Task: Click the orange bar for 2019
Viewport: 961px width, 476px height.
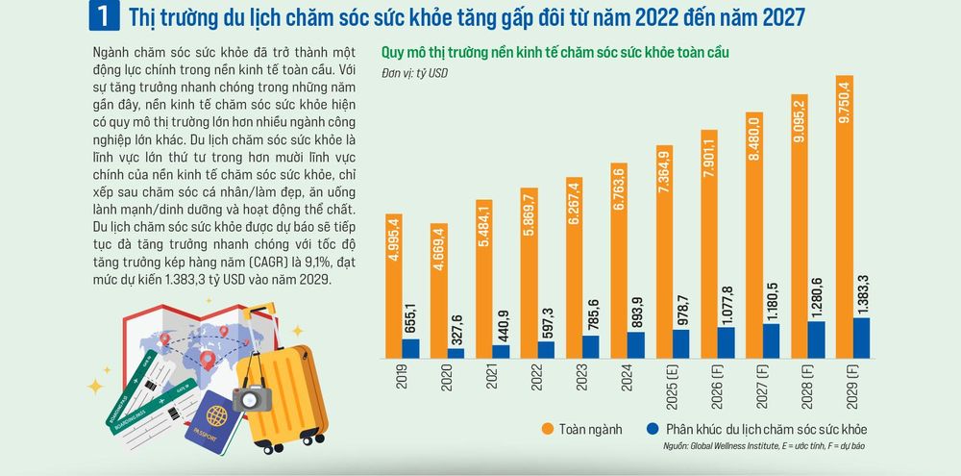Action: [x=393, y=286]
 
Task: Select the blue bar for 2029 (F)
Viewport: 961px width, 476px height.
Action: [x=861, y=338]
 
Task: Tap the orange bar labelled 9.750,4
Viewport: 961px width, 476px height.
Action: [x=844, y=217]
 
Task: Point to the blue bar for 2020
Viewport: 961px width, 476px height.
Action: [x=456, y=353]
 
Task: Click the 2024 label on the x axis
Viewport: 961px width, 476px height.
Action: [x=626, y=378]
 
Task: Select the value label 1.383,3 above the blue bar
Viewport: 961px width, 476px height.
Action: [x=861, y=294]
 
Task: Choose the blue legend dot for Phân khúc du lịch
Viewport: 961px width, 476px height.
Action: [x=653, y=429]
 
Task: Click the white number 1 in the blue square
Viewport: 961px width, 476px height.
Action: [x=104, y=16]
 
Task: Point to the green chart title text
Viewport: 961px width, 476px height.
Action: [x=555, y=53]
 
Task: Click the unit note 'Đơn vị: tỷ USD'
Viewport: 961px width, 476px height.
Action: [x=414, y=73]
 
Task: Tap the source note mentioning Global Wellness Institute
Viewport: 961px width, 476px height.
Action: [x=764, y=446]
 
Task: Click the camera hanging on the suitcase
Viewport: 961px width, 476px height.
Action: [x=252, y=398]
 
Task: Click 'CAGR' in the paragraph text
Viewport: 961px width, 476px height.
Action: [x=251, y=262]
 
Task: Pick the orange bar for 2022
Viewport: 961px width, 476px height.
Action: [x=529, y=273]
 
